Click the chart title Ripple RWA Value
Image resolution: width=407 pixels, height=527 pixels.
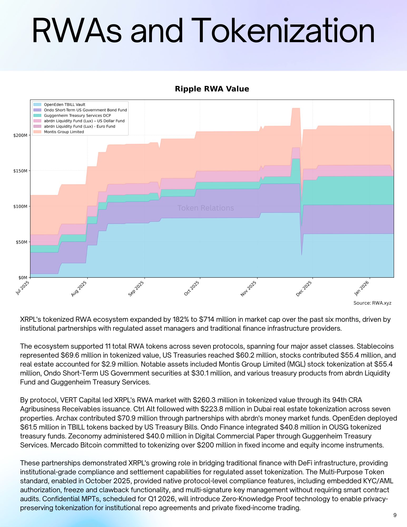tap(212, 89)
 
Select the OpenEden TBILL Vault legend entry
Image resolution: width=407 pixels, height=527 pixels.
tap(64, 105)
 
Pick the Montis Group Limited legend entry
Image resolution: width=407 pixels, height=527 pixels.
tap(64, 132)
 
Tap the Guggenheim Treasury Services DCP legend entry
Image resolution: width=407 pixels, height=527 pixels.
tap(77, 115)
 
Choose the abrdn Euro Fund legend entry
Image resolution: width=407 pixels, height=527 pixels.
tap(79, 126)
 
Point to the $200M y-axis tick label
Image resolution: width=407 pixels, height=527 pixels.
tap(20, 135)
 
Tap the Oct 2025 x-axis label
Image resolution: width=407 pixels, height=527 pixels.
tap(192, 288)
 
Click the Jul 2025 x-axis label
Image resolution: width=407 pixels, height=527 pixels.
tap(22, 288)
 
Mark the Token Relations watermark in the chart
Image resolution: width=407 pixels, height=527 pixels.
tap(205, 208)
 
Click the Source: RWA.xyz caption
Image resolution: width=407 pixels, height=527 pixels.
tap(372, 303)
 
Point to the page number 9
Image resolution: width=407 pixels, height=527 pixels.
tap(395, 515)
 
